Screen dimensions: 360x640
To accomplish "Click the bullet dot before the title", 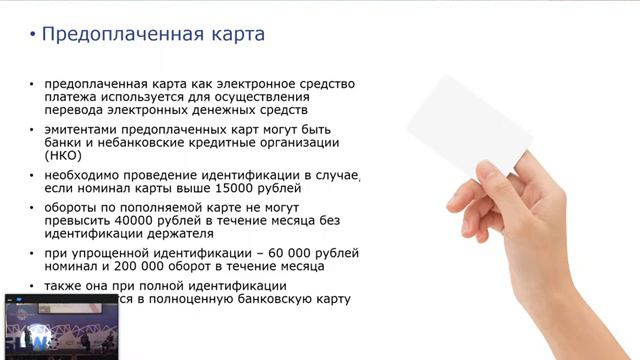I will (33, 36).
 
